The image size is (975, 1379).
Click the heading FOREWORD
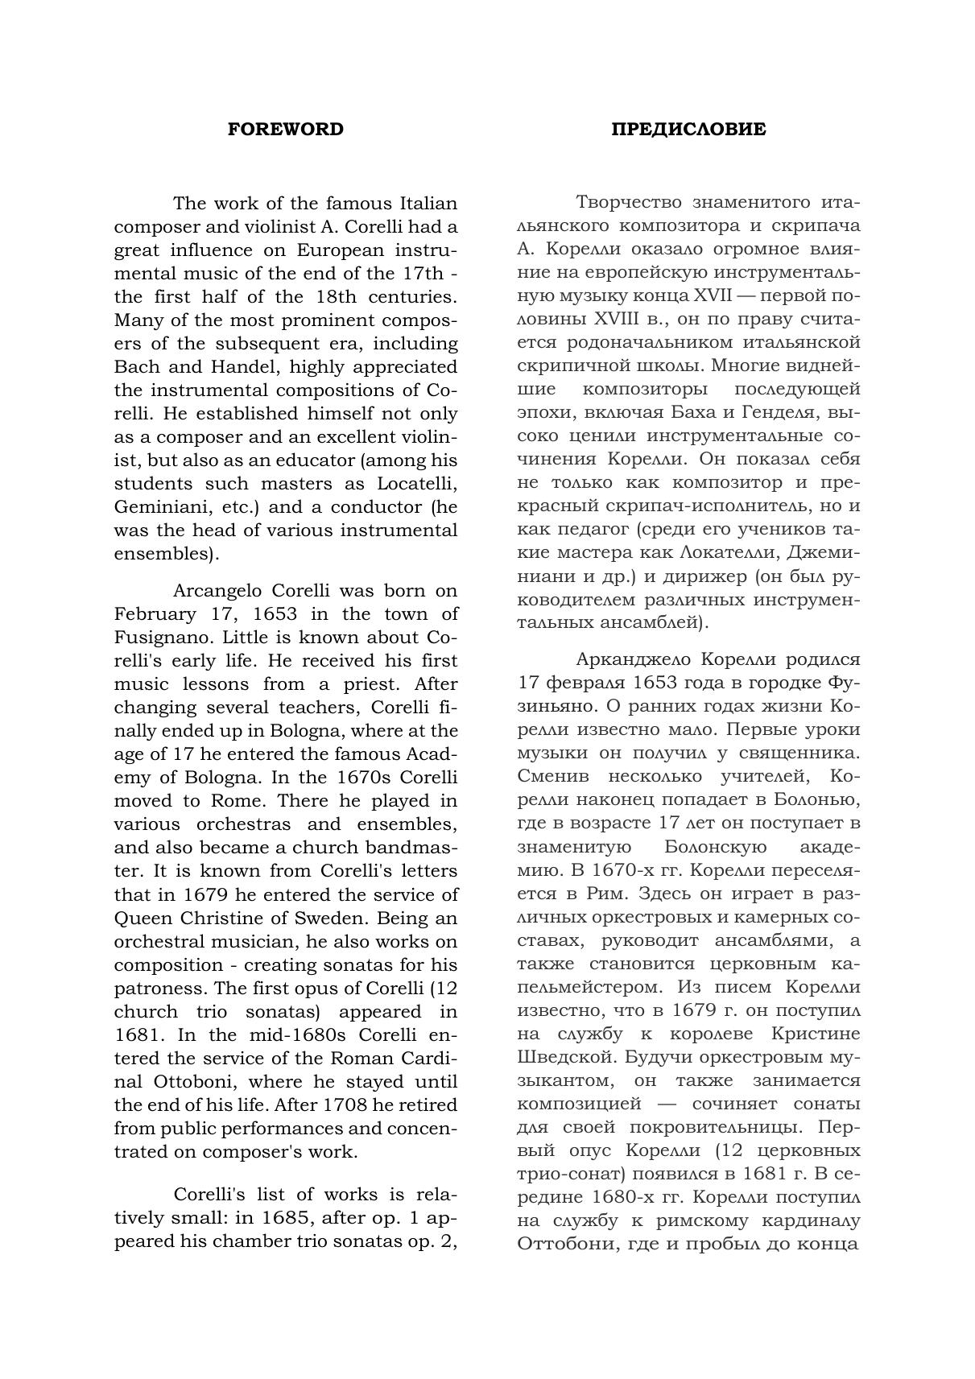click(x=285, y=130)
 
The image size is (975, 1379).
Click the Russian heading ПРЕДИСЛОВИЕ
click(x=688, y=130)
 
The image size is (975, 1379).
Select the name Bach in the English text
click(x=137, y=367)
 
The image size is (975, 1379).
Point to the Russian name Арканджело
click(x=634, y=660)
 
